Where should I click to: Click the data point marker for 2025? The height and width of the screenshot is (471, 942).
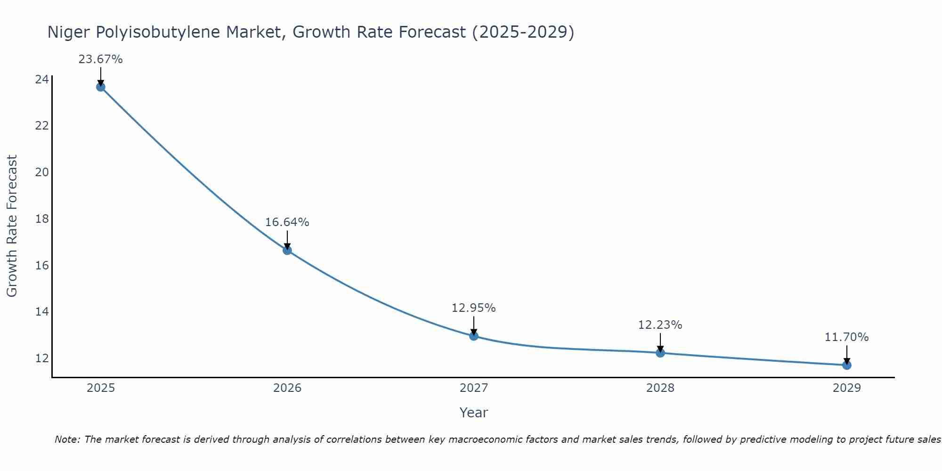101,87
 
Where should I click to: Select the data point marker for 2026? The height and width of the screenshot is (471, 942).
287,250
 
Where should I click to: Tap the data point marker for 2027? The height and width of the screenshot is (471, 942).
474,336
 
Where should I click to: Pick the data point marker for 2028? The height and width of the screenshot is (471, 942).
660,353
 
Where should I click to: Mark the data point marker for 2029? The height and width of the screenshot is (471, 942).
847,365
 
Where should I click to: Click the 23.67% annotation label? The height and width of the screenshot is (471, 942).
100,59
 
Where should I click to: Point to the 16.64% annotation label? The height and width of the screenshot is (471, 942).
287,222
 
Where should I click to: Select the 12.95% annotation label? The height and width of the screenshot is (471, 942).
473,308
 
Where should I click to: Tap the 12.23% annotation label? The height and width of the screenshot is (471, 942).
660,325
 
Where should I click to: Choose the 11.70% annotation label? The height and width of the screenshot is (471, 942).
846,337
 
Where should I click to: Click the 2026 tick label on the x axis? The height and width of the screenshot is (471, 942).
287,388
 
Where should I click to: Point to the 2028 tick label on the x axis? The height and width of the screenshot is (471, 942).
660,388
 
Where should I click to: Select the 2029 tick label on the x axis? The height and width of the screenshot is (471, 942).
847,388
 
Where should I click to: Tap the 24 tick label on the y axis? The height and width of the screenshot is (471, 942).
42,79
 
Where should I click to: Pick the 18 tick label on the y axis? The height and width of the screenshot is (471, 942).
42,219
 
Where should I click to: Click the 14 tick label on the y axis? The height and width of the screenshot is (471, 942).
42,312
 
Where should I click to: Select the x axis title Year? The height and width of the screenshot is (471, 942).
473,413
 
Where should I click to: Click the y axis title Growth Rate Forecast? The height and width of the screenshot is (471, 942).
12,226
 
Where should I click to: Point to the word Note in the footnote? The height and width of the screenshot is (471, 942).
68,439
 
